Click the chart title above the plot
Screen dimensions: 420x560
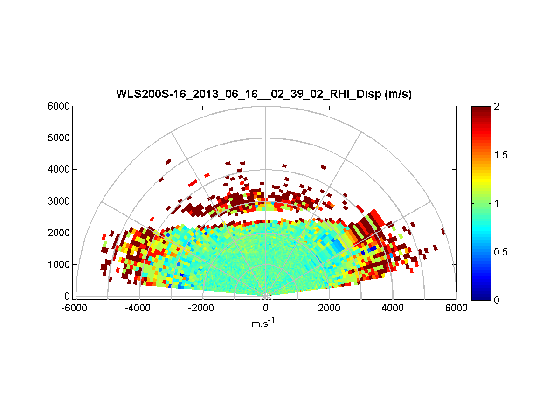[x=263, y=94]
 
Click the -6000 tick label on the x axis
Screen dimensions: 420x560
[x=75, y=308]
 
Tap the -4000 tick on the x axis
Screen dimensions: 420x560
[x=138, y=308]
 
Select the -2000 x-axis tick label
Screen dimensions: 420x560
[x=202, y=308]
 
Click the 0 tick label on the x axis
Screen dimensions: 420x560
[x=266, y=308]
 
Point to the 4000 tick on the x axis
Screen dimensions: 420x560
[x=393, y=308]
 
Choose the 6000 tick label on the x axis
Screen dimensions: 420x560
[x=456, y=308]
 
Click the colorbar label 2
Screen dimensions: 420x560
[x=497, y=107]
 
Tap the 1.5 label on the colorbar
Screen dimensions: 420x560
[x=501, y=155]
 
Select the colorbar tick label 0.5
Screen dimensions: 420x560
[x=501, y=252]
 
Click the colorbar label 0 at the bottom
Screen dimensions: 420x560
[x=497, y=300]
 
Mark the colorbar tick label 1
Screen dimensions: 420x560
[x=497, y=204]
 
